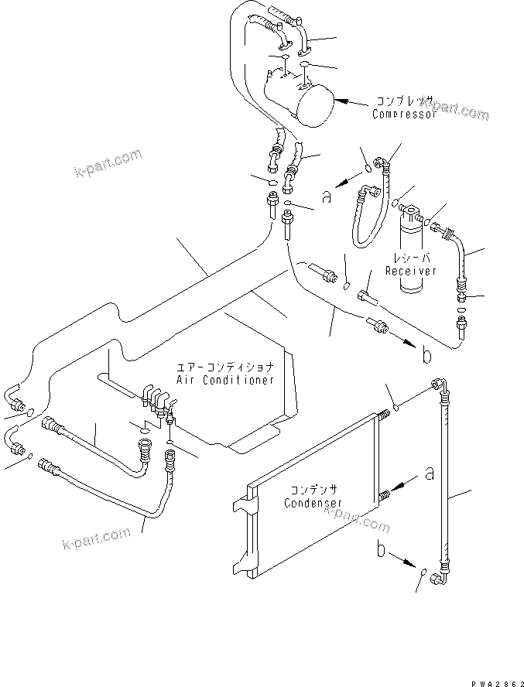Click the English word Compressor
point(404,114)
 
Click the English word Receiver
point(411,271)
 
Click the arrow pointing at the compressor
point(352,101)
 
